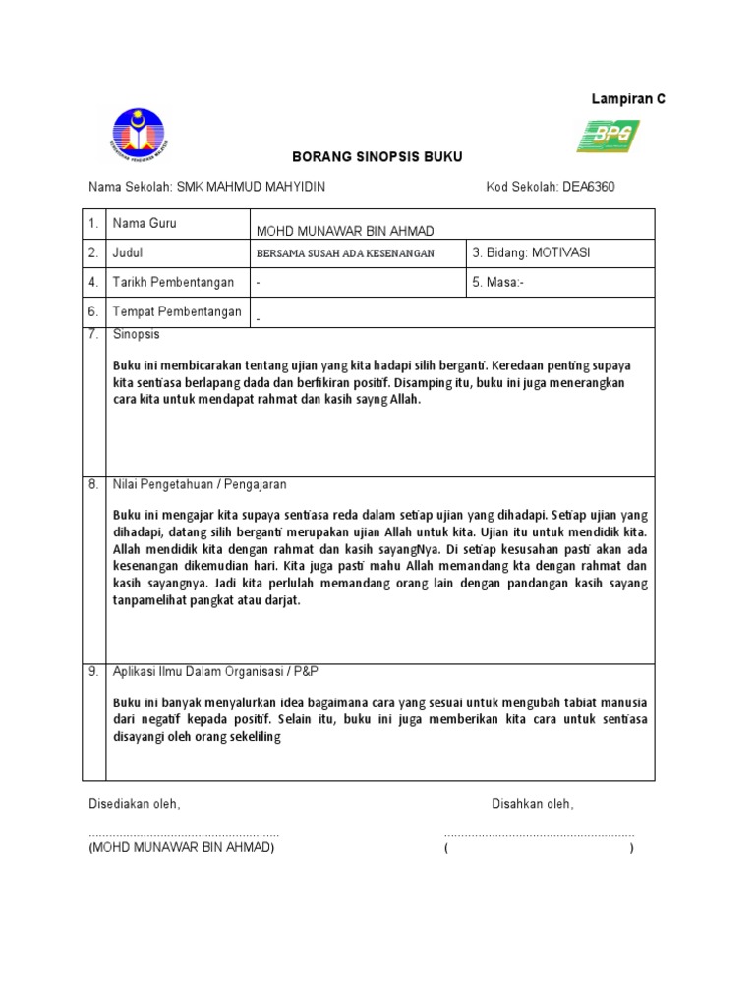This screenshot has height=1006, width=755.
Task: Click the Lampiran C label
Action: [x=627, y=99]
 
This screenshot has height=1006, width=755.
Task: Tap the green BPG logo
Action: [x=608, y=137]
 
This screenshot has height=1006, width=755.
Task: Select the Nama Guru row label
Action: [x=145, y=224]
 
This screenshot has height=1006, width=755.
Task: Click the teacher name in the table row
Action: [x=344, y=231]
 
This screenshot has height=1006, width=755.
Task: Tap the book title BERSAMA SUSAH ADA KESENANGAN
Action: [x=344, y=253]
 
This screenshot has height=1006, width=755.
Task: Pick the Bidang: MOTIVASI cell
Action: [x=531, y=253]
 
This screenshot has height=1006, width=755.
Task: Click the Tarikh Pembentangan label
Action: [x=173, y=283]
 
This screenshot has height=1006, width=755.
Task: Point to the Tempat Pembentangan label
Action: [x=177, y=312]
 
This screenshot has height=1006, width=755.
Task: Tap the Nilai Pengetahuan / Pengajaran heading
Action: [x=200, y=485]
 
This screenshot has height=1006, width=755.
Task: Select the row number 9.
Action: [x=93, y=671]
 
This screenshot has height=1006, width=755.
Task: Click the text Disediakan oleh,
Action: [x=135, y=804]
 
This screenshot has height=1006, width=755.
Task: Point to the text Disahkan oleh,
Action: [x=533, y=804]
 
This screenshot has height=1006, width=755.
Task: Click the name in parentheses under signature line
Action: [x=182, y=848]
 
